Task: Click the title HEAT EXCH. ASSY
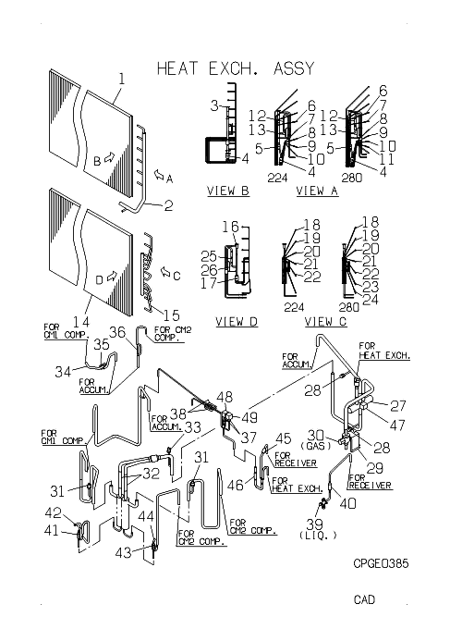[236, 68]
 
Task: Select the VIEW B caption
[228, 191]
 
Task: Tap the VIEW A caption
[317, 191]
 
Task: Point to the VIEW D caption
[237, 321]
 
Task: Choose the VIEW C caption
[325, 321]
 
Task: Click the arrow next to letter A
[159, 175]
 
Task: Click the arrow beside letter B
[109, 158]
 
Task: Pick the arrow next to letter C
[165, 272]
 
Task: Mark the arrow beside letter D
[112, 276]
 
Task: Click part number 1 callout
[122, 79]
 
